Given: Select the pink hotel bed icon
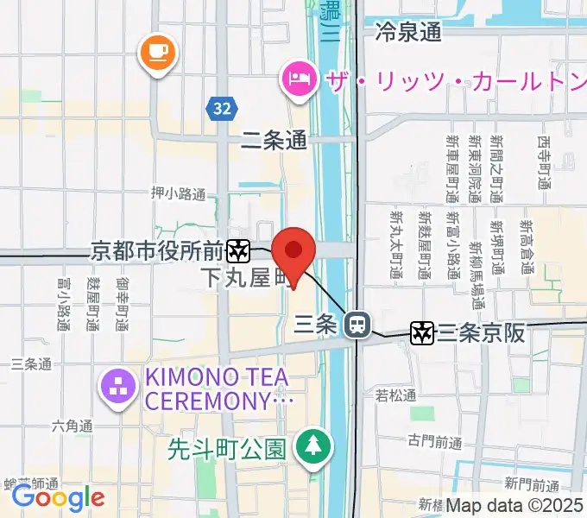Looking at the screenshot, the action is (x=297, y=80).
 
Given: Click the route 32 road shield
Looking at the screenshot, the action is (x=222, y=108).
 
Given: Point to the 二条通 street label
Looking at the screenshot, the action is (x=275, y=140).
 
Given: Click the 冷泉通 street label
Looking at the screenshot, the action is (x=408, y=32).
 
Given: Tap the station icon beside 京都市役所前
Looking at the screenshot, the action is (x=238, y=251).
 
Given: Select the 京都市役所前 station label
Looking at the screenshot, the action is (x=158, y=251).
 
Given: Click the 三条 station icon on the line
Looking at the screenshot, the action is (x=354, y=325).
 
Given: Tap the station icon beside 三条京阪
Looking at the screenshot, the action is (x=422, y=332).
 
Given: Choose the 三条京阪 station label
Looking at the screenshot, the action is (x=481, y=332).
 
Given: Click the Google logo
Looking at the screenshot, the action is (x=58, y=496).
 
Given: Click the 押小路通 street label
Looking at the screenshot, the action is (x=178, y=193).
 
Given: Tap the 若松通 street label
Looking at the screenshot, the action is (x=395, y=395).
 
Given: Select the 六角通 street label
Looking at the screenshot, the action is (x=71, y=425).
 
